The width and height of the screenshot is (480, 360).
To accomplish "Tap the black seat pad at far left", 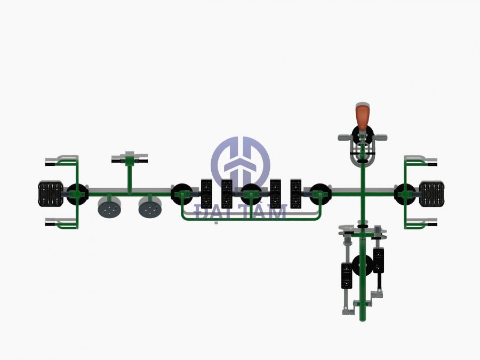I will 50,194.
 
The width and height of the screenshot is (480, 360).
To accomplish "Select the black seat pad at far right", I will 431,194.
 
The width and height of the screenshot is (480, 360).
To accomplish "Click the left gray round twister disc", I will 110,206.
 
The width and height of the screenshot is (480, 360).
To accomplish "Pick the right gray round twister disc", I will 151,206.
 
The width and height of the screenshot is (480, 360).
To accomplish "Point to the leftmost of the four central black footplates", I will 206,194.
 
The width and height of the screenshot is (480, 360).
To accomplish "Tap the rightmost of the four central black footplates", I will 296,194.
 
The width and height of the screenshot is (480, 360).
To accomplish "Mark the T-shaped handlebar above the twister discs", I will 129,158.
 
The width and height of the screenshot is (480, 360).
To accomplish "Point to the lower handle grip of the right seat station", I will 428,224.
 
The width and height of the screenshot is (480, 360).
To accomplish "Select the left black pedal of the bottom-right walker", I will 347,276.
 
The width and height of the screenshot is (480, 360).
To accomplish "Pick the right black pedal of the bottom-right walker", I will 379,260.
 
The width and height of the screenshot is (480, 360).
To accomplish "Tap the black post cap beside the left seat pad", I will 77,193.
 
